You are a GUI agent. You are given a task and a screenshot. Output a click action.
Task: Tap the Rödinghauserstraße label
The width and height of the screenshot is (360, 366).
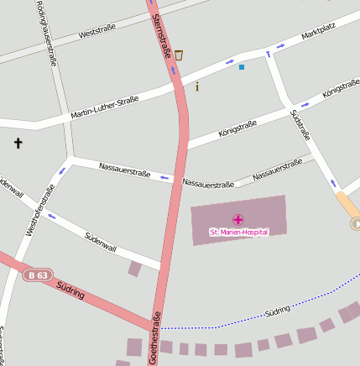click(46, 34)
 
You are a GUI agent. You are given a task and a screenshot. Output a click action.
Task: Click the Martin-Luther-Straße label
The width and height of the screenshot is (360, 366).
click(104, 106)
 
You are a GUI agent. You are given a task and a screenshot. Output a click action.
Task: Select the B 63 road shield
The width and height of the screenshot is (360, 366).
click(38, 274)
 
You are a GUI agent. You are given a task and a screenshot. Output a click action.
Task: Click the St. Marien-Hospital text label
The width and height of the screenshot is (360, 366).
click(238, 232)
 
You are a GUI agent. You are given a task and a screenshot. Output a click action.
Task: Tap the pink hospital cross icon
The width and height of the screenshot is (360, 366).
click(238, 219)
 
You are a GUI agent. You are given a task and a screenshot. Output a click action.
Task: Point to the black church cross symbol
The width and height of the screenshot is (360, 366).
click(18, 144)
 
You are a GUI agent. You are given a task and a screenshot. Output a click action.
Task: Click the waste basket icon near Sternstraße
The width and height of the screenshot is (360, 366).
click(179, 55)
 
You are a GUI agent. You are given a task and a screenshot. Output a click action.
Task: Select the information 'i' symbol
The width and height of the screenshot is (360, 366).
click(197, 86)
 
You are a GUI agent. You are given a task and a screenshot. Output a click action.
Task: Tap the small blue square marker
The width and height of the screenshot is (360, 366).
click(242, 66)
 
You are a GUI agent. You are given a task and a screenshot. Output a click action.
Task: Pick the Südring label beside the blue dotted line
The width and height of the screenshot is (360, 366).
click(277, 311)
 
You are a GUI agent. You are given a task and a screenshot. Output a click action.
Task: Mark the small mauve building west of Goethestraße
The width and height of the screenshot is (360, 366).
click(134, 269)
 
